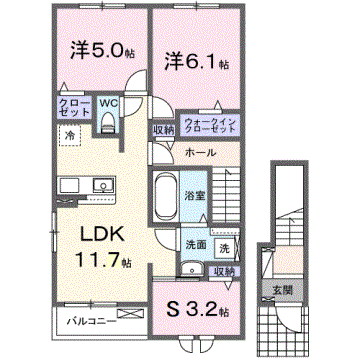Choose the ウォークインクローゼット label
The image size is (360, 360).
[209, 127]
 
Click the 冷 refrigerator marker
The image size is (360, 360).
[71, 134]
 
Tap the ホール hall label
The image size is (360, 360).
[196, 153]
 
